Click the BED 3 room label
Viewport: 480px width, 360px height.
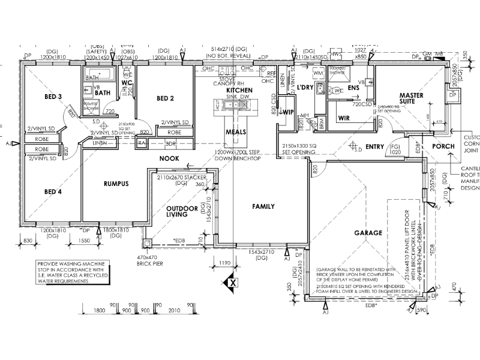click(x=53, y=97)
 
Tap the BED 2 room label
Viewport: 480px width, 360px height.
click(x=165, y=98)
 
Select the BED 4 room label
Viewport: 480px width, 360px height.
click(x=53, y=192)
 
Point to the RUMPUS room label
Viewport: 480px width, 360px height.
click(x=116, y=184)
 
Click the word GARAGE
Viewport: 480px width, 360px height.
click(x=368, y=233)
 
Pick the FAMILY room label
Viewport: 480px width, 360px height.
click(x=263, y=206)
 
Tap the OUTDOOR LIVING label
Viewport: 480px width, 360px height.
click(x=182, y=211)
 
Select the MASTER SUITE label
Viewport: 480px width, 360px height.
click(x=412, y=98)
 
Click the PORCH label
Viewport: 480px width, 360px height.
click(x=443, y=146)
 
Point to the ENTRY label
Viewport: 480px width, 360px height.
click(x=374, y=146)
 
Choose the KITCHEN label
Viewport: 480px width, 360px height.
click(x=239, y=90)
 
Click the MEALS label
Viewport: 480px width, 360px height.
click(x=236, y=131)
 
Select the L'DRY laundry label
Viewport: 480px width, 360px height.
click(x=306, y=88)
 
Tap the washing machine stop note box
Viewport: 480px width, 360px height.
click(x=70, y=271)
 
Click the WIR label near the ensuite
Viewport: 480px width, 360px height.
click(x=344, y=118)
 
